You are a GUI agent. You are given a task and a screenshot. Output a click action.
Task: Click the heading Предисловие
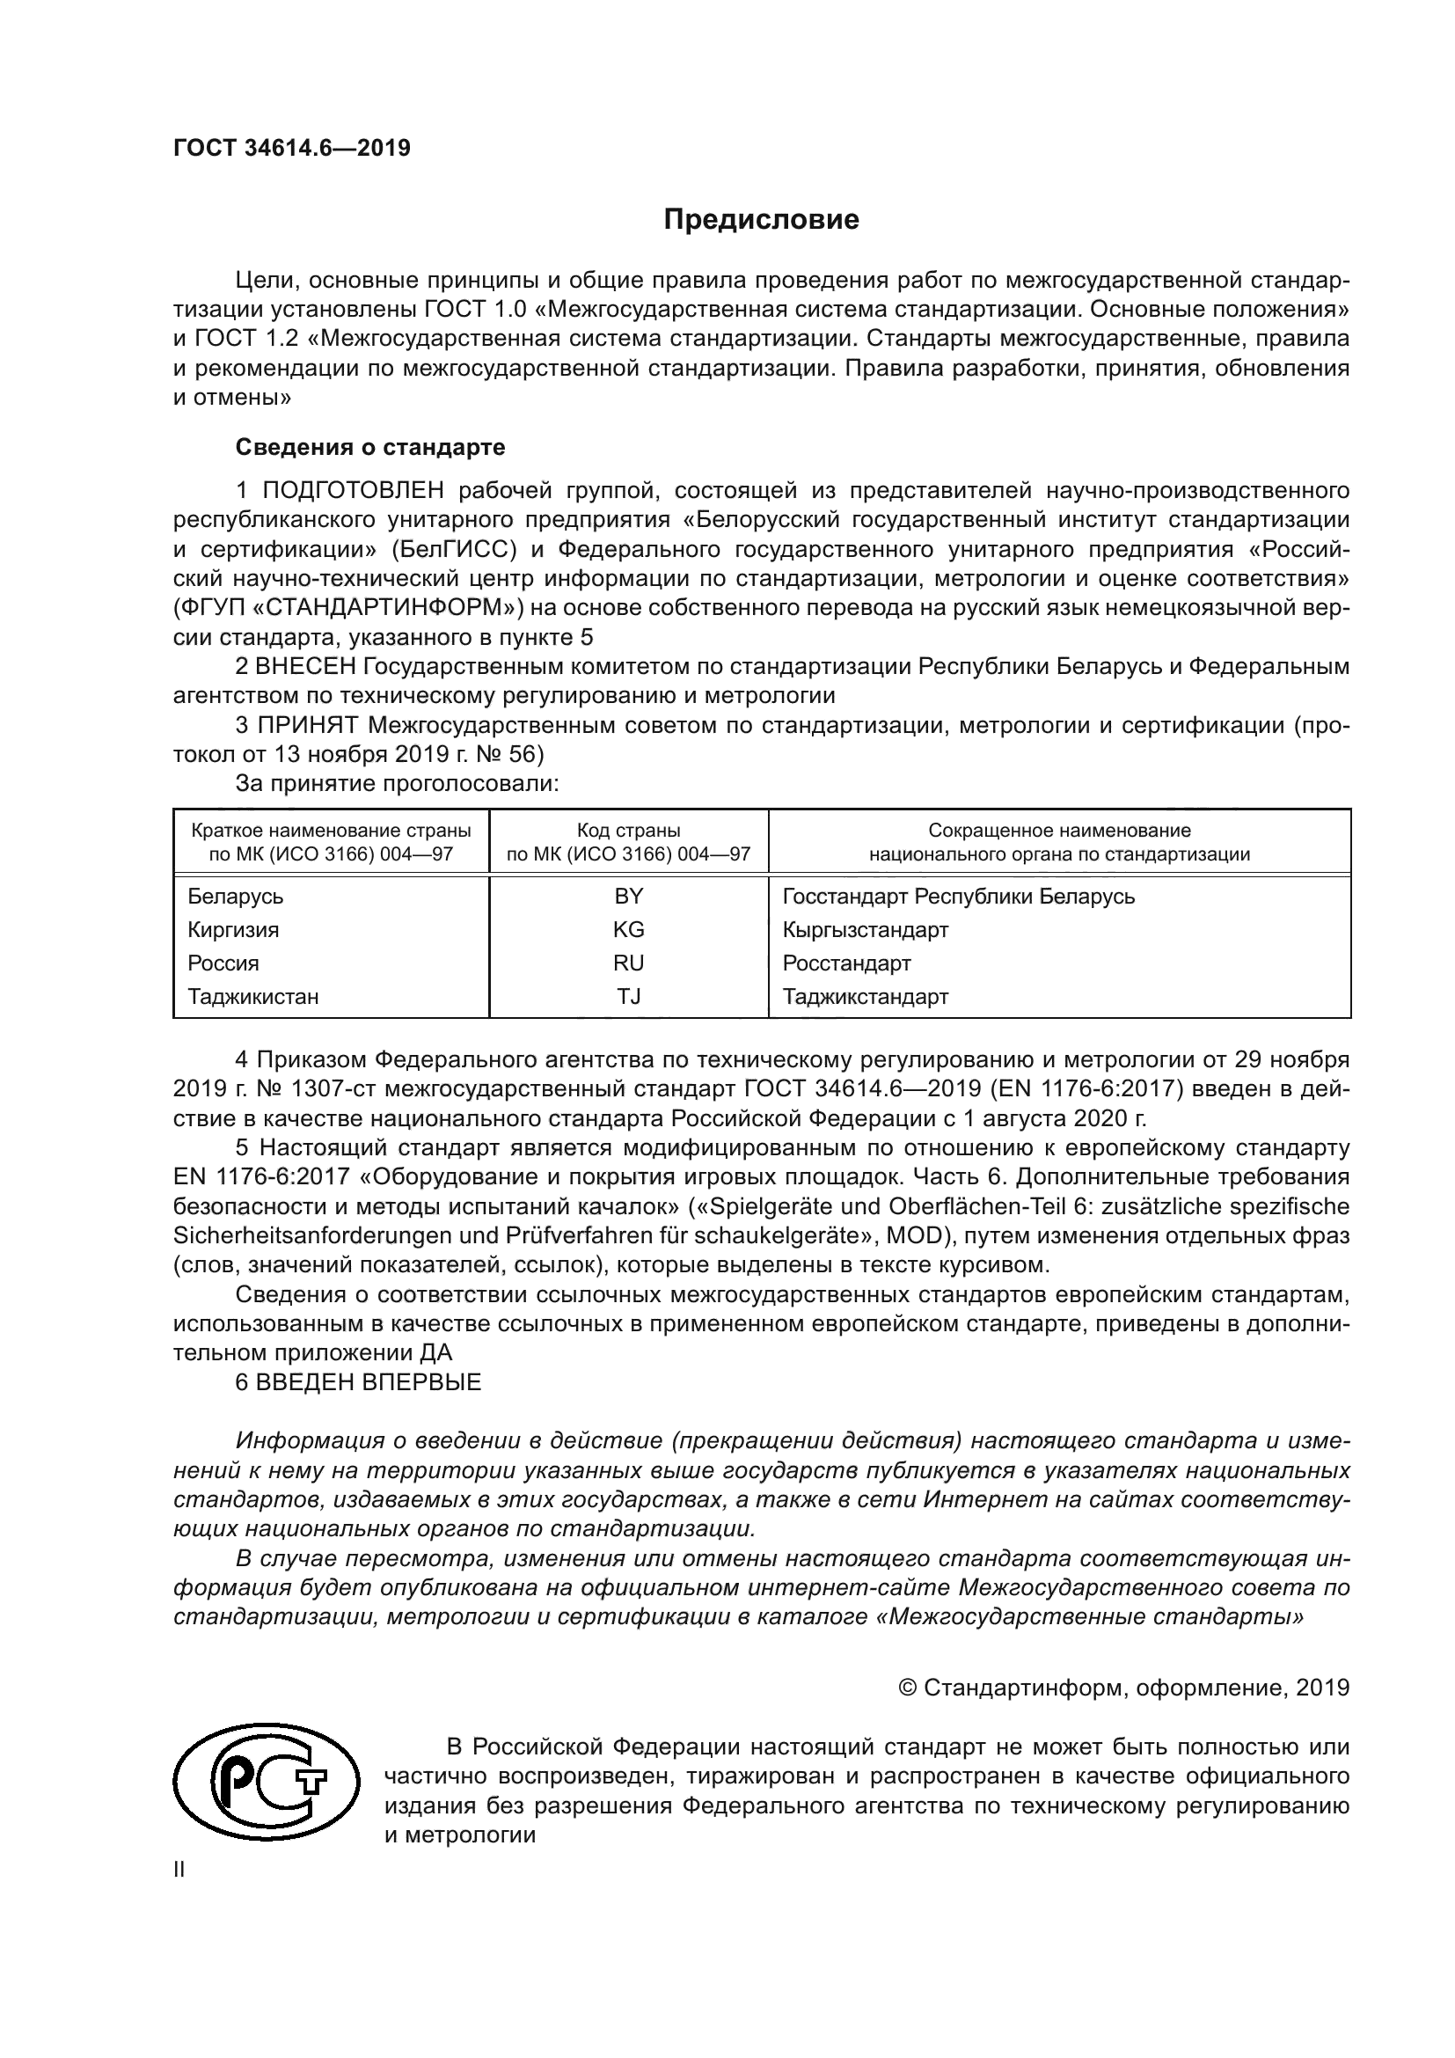coord(761,220)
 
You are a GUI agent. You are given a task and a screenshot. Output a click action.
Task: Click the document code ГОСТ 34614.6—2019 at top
coord(291,148)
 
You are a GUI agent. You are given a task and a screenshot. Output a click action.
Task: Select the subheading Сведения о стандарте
coord(369,446)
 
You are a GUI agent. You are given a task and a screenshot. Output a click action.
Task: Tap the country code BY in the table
coord(628,897)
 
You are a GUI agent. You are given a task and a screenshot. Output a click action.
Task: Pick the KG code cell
coord(628,929)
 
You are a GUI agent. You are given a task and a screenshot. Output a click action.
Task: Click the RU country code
coord(628,963)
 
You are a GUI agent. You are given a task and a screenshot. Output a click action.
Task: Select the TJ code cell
coord(628,996)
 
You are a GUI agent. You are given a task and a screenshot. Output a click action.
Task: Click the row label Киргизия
coord(233,929)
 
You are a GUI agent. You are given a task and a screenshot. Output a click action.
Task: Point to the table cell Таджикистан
coord(252,996)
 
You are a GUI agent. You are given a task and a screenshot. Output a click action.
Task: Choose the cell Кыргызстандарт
coord(865,929)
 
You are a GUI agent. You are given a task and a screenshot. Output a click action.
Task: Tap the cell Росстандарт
coord(846,963)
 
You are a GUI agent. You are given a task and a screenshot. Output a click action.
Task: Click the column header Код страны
coord(628,831)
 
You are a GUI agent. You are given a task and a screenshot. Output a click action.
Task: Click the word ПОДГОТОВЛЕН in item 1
coord(353,490)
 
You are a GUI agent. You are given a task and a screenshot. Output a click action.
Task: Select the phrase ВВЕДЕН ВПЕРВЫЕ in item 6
coord(369,1382)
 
